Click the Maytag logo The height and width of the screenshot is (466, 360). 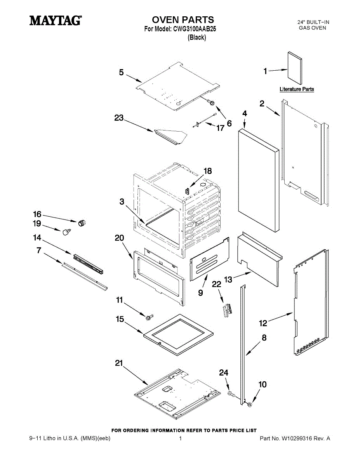click(56, 20)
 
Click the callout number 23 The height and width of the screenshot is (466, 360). click(119, 118)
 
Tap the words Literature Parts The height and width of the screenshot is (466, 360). click(297, 89)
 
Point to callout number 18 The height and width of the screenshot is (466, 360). click(208, 171)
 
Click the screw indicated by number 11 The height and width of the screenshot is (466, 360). click(149, 317)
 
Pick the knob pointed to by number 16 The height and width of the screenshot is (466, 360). click(82, 222)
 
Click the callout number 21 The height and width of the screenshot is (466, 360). click(119, 363)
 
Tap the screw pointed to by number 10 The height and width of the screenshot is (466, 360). click(249, 405)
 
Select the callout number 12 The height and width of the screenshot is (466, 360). click(263, 323)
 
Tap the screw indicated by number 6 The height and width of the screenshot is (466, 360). click(212, 102)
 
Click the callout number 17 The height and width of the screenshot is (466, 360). click(220, 128)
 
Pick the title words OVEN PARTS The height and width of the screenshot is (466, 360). click(183, 20)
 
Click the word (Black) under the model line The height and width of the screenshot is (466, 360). click(197, 38)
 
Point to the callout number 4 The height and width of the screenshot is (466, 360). click(245, 113)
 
